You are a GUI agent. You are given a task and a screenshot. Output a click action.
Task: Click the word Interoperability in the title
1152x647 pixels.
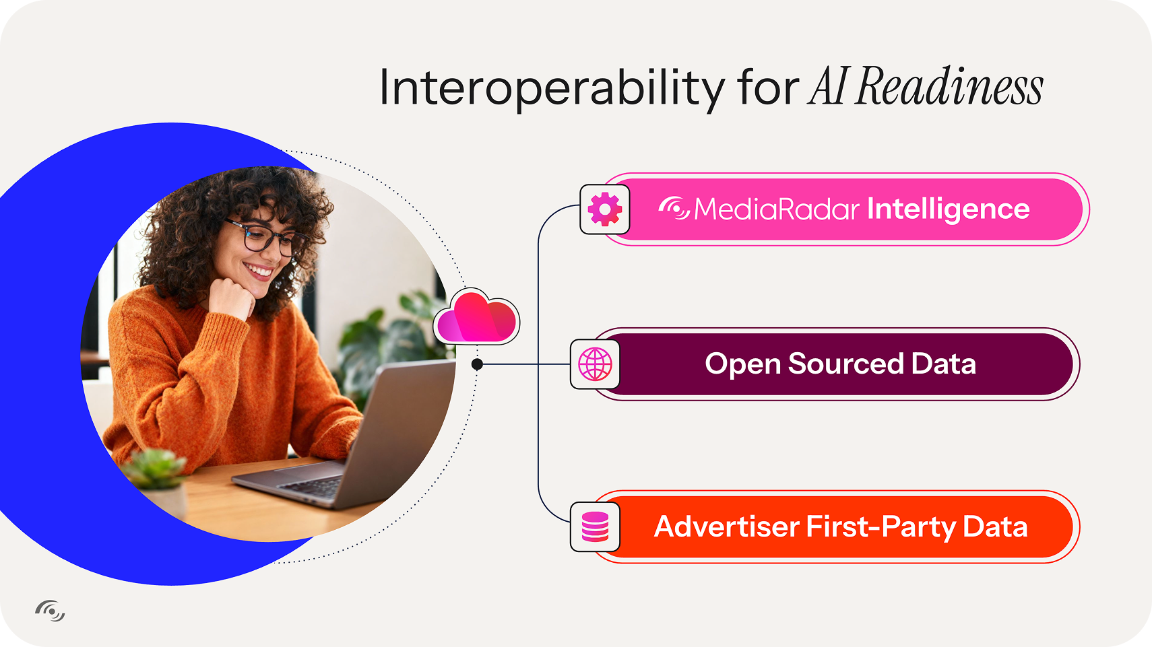(x=552, y=88)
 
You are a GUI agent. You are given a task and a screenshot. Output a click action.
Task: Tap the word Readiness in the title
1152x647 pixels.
(x=949, y=86)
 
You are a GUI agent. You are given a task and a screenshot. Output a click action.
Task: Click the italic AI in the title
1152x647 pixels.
(x=827, y=86)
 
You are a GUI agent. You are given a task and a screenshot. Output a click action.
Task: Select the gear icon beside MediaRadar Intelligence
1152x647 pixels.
(x=605, y=209)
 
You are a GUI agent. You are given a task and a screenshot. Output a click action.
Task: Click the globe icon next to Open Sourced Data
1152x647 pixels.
(x=595, y=364)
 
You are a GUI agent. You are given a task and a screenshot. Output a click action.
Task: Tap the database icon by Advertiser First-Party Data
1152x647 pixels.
(x=595, y=526)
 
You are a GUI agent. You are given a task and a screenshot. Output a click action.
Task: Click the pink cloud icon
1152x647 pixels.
(x=477, y=316)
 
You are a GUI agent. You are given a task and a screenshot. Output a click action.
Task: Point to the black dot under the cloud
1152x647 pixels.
(x=477, y=364)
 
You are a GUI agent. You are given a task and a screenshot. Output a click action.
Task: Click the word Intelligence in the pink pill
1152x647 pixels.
(x=949, y=209)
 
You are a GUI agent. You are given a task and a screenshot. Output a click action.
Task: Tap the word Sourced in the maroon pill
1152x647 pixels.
(x=845, y=364)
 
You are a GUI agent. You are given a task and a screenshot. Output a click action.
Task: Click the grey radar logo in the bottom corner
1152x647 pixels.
(x=51, y=611)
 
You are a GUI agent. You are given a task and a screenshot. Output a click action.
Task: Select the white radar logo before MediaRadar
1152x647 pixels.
(x=674, y=208)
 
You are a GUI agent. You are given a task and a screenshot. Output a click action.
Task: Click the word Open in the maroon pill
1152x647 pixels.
(x=742, y=364)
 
